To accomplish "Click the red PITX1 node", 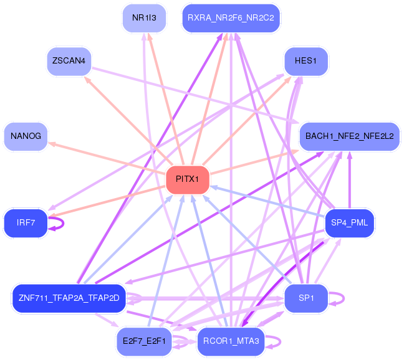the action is [188, 180].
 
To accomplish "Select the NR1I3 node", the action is [144, 18].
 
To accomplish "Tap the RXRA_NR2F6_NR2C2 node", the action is [231, 18].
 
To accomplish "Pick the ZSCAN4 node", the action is [69, 61].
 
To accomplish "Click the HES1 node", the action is [306, 61].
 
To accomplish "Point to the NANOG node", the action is [26, 136].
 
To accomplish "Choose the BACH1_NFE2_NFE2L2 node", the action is [350, 136].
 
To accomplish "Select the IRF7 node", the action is [26, 223].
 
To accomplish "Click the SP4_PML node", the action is [350, 223].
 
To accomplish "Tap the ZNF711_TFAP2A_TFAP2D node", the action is [69, 298].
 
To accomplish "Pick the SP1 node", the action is [306, 298].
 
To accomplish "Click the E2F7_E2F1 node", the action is [144, 341].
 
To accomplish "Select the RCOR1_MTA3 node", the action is [231, 341].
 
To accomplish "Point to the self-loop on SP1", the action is [344, 298].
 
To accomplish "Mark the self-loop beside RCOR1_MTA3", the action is [280, 342].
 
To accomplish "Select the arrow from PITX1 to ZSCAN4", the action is [128, 120].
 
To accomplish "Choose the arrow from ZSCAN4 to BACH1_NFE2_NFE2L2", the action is [196, 95].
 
